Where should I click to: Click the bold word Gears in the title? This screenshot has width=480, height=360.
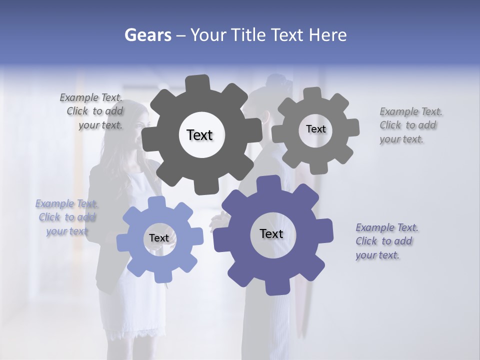[x=148, y=35]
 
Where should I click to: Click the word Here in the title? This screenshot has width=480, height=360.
[x=327, y=35]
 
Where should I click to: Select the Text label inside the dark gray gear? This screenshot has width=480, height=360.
[x=199, y=135]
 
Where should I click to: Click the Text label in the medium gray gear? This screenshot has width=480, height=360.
[x=315, y=129]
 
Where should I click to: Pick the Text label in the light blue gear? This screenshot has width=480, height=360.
[x=159, y=238]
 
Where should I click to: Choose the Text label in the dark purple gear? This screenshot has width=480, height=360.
[x=271, y=233]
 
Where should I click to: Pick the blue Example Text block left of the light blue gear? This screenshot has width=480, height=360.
[x=67, y=217]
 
